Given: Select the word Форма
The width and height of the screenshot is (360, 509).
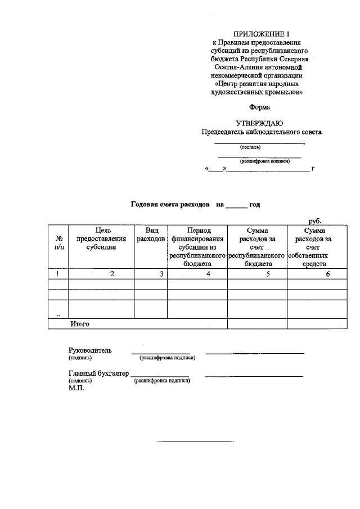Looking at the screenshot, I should pos(259,107).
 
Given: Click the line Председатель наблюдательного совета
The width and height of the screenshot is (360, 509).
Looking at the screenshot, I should pos(262,133).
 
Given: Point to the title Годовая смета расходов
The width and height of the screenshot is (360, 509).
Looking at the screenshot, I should pos(170,205).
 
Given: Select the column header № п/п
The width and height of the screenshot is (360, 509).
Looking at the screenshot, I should pos(59,242).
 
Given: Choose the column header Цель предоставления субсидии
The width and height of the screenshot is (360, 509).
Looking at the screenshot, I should pos(101,238).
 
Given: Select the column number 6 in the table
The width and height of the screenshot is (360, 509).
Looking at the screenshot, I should pos(327,274).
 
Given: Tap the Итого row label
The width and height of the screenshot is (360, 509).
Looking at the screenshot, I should pos(80,324).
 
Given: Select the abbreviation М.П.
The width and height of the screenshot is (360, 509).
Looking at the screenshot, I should pos(76,388).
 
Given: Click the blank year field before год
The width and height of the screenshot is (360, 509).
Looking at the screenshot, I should pos(236,206).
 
